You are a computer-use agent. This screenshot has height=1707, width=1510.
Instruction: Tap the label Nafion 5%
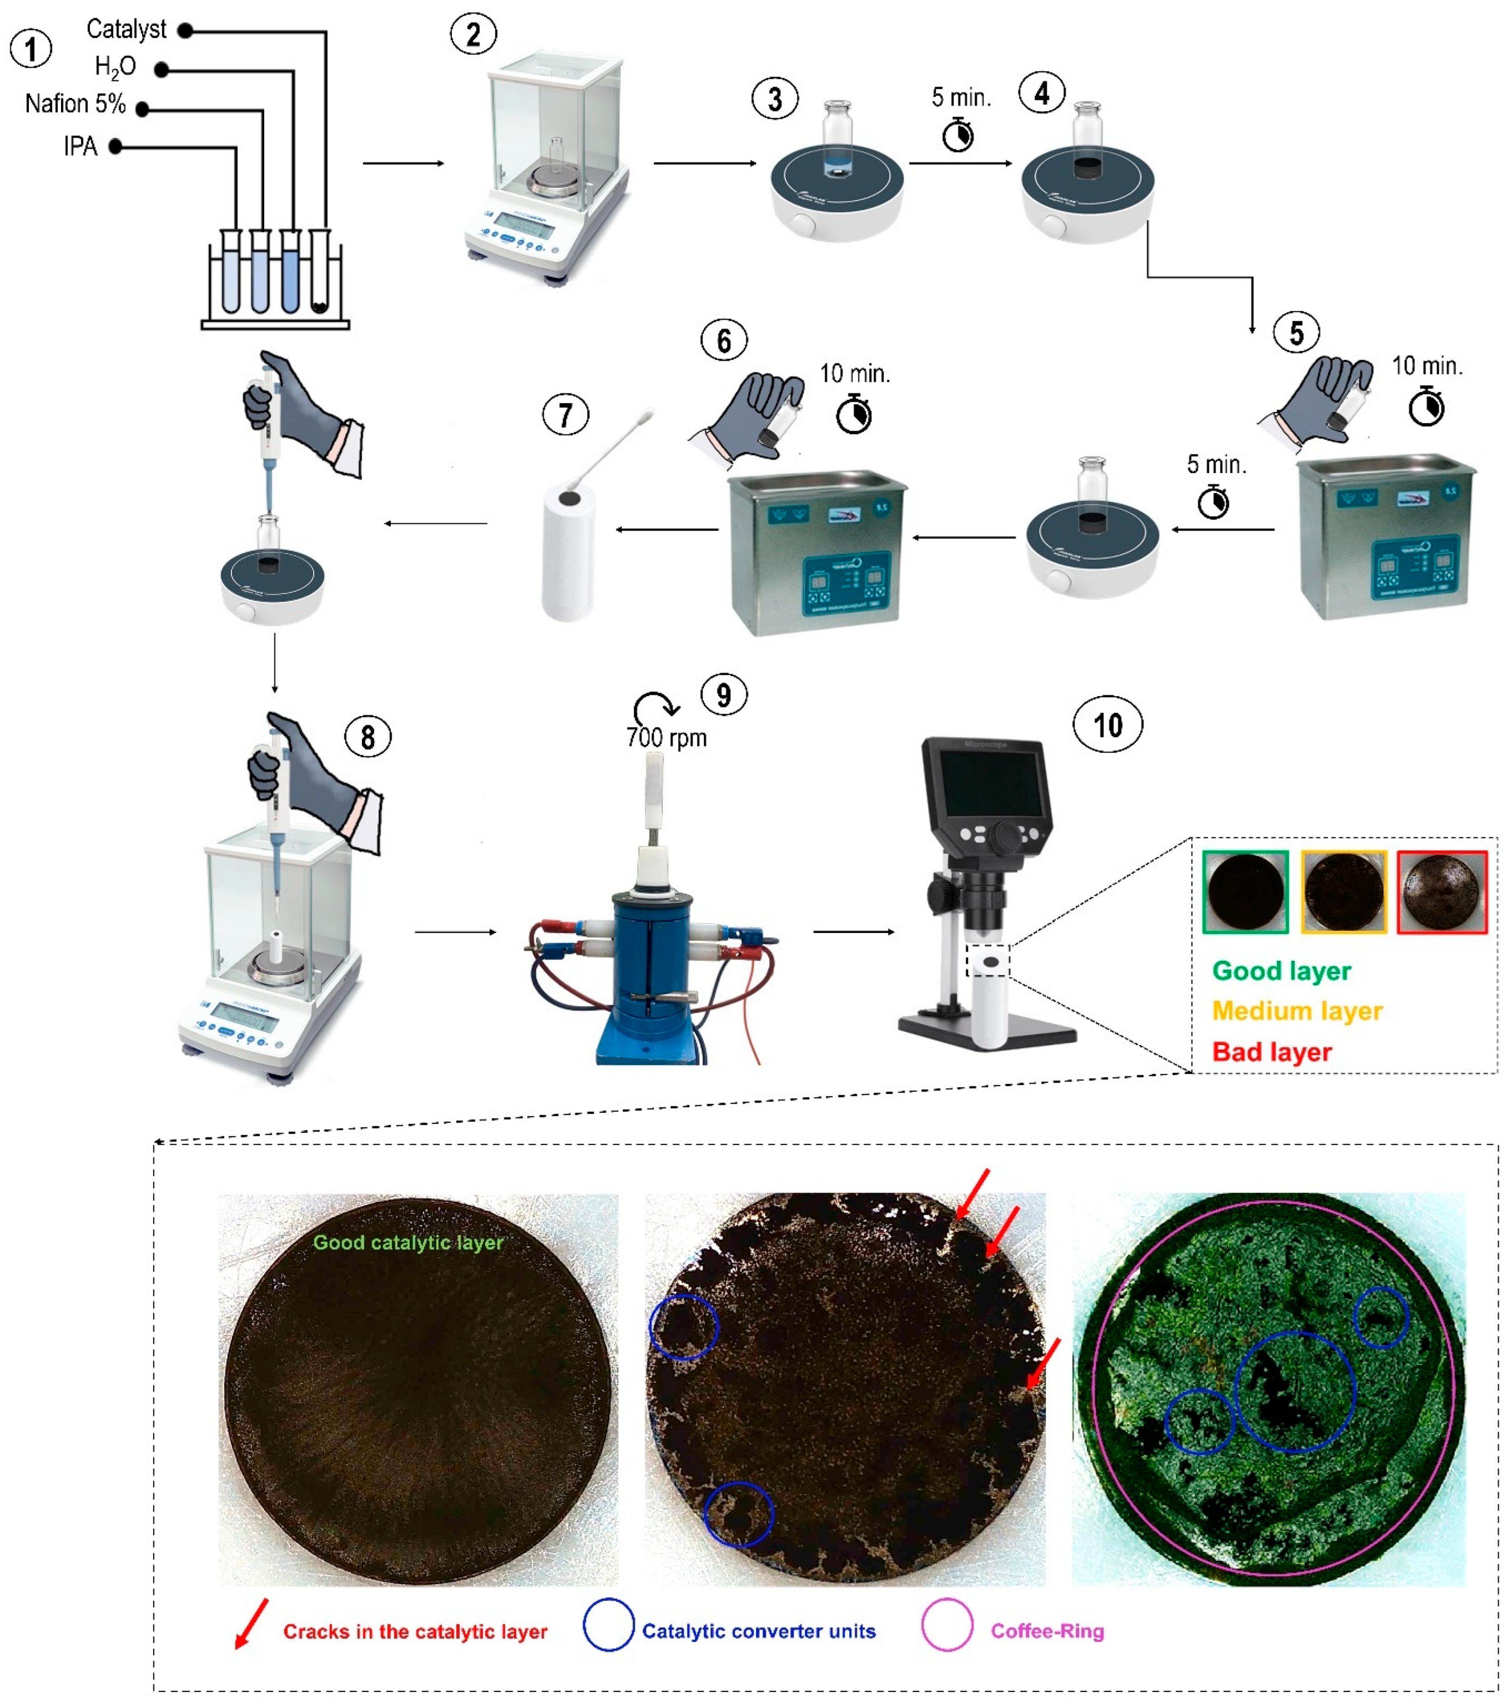(x=75, y=104)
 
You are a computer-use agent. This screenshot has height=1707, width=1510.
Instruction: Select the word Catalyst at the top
(x=126, y=29)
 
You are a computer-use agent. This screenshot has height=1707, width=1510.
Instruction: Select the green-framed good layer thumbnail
(x=1244, y=891)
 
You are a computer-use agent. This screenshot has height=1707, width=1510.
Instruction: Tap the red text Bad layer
(x=1271, y=1052)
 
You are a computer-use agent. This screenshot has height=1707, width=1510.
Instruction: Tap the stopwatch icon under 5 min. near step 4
(x=958, y=135)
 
